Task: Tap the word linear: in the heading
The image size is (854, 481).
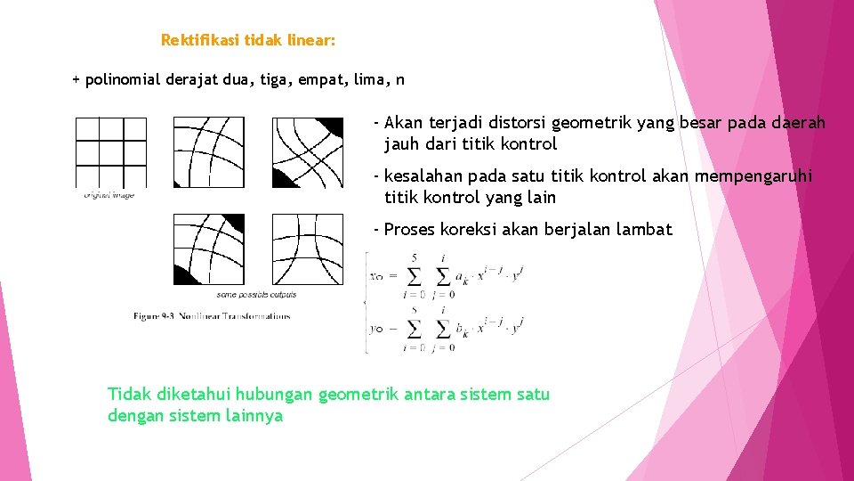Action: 312,40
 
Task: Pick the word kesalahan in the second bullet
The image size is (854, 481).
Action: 423,176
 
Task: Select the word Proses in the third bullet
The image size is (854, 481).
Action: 408,230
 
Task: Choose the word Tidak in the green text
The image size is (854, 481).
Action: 129,394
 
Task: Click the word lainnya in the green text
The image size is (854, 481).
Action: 254,415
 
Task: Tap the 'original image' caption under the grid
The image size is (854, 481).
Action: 109,194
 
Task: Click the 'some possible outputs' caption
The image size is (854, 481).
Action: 257,294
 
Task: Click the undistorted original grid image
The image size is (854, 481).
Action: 110,151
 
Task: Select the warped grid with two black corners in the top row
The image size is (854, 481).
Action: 307,151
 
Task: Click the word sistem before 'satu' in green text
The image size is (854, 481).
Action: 488,394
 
